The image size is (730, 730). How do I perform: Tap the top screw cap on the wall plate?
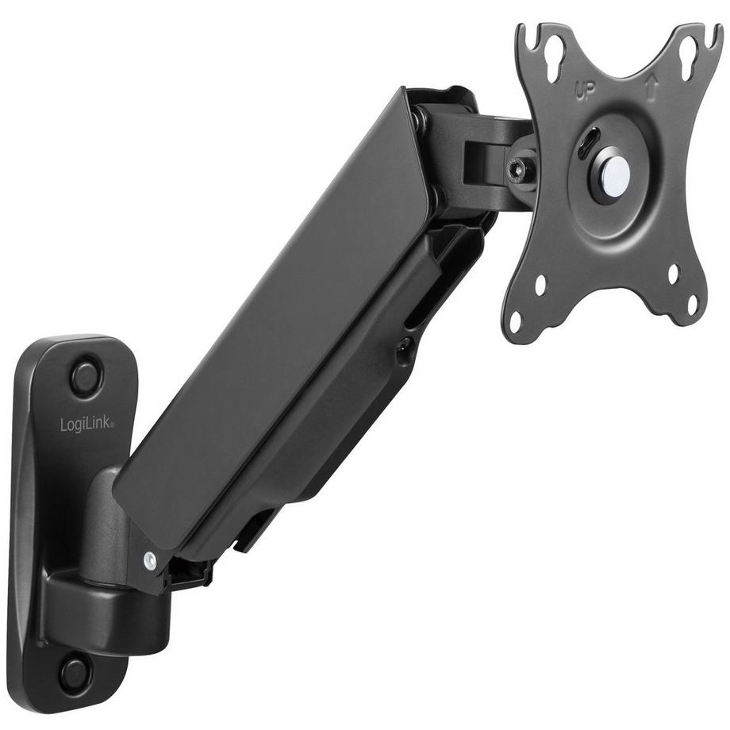86,377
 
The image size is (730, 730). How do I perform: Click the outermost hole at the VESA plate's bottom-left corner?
515,322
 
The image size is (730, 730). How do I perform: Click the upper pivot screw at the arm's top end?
419,120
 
